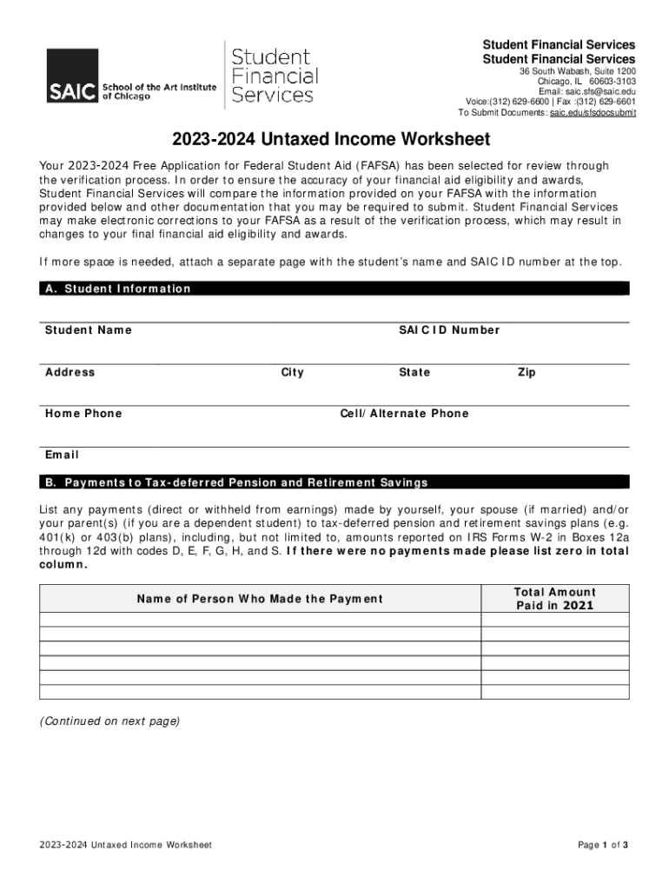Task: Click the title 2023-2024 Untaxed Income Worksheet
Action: [x=331, y=139]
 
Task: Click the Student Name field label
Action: [x=89, y=330]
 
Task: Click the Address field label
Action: [x=70, y=372]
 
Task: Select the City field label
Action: [x=292, y=372]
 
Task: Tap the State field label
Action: [x=414, y=372]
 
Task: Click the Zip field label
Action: [x=527, y=372]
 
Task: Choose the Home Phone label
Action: [x=83, y=414]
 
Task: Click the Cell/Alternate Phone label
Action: [x=404, y=414]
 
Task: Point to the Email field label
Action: [x=62, y=455]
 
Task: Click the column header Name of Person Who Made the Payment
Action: [x=260, y=599]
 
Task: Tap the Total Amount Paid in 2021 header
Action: [x=554, y=599]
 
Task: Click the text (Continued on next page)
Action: [x=109, y=721]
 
